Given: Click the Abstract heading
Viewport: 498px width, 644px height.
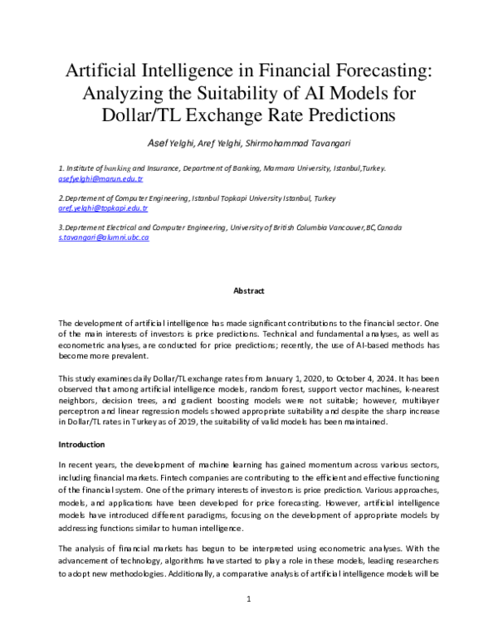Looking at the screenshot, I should click(x=248, y=291).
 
